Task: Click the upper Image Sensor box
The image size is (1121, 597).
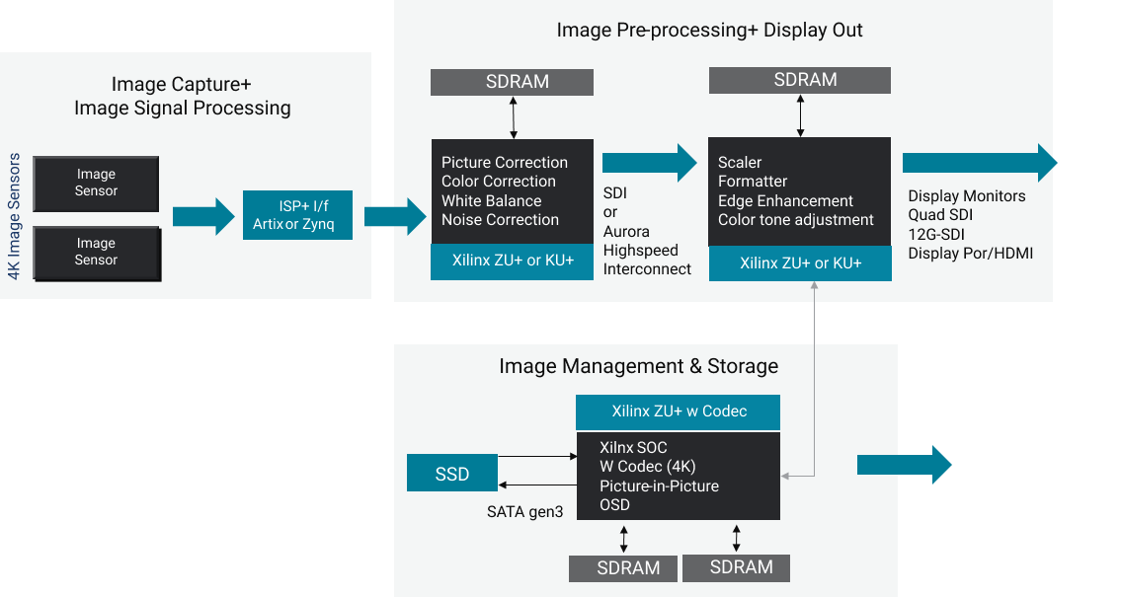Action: point(96,183)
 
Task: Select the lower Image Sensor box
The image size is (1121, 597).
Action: point(96,252)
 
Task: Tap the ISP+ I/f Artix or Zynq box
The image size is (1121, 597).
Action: point(297,215)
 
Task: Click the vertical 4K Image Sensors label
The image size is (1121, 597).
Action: point(15,216)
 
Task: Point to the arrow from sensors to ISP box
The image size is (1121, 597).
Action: point(204,216)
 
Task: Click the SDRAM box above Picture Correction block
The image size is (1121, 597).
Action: point(512,82)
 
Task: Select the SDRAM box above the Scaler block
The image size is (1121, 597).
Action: point(800,80)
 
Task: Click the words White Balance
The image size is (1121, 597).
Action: point(491,200)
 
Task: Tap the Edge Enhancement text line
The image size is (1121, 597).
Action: point(785,200)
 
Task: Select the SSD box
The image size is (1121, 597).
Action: point(452,474)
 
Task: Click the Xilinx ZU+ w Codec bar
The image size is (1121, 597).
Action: point(679,411)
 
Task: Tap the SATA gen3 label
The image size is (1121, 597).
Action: point(524,511)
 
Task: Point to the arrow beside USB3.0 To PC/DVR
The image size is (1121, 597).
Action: point(903,465)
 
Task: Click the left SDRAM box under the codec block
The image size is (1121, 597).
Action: point(623,568)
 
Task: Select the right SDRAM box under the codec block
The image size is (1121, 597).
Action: point(737,567)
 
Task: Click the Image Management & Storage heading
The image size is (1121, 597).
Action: point(638,366)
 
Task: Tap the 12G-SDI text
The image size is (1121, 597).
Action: point(936,234)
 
